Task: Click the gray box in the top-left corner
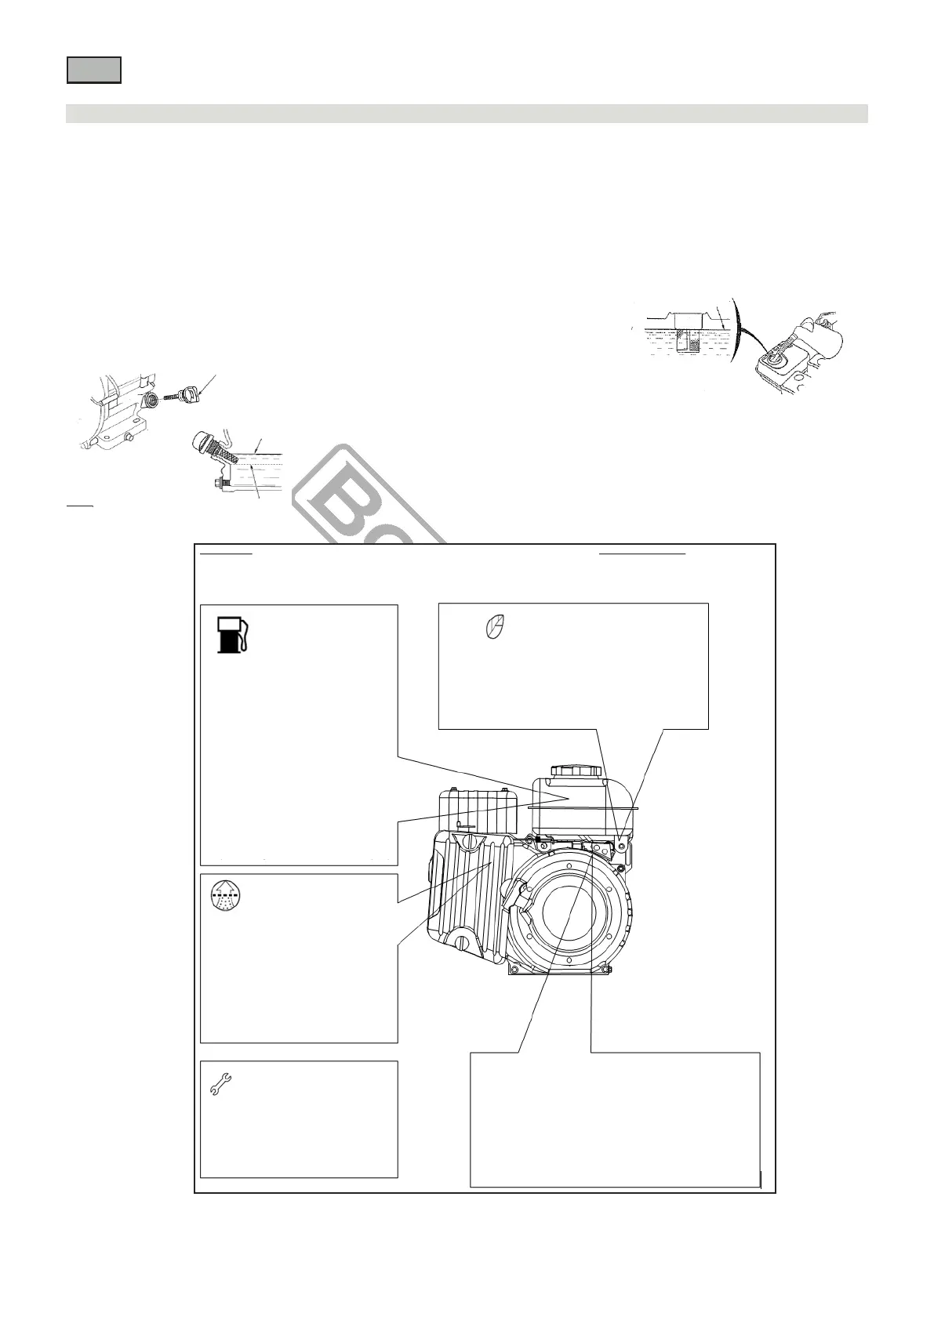[x=93, y=70]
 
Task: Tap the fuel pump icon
[x=232, y=634]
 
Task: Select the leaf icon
[x=495, y=627]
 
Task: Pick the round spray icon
[x=224, y=895]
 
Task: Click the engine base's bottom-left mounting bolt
[x=515, y=972]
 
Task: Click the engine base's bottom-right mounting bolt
[x=604, y=972]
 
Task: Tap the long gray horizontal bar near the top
[x=467, y=114]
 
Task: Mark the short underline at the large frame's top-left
[x=227, y=553]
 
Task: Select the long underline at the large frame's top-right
[x=642, y=553]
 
